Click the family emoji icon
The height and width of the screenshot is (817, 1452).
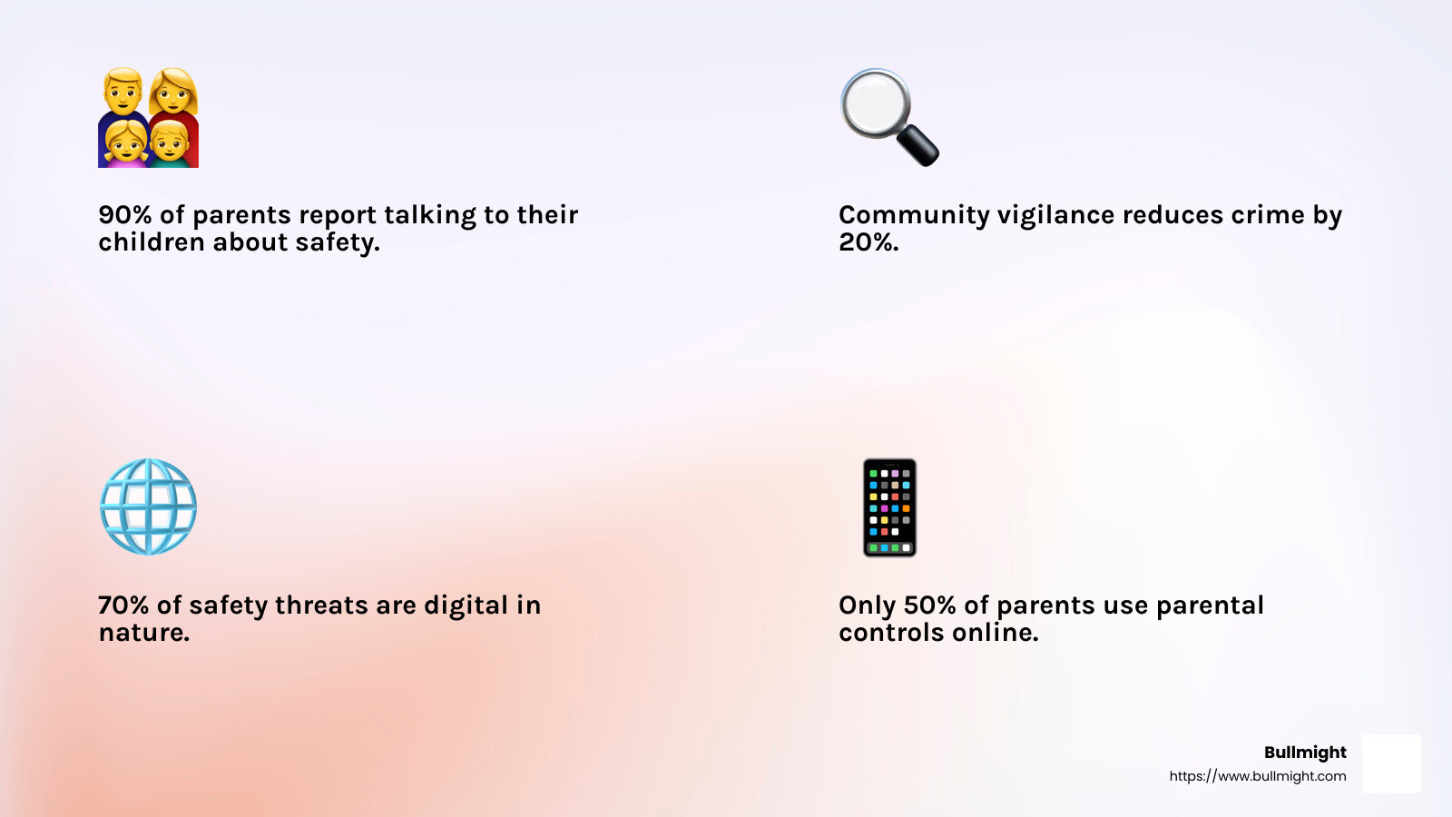148,117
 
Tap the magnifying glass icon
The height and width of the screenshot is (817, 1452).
888,115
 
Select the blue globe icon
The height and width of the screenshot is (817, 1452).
148,507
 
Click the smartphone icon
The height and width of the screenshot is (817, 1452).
889,507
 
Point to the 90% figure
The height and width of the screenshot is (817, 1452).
124,215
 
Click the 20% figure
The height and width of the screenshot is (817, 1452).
868,242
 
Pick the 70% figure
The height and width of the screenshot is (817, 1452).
123,605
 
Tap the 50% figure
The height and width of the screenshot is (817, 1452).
929,605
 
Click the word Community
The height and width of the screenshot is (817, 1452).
914,215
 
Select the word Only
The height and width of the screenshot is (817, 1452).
867,605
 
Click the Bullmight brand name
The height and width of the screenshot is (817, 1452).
1305,753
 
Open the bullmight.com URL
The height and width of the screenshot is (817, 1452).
1257,776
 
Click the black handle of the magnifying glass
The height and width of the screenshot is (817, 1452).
917,145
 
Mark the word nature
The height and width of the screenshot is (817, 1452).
143,633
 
